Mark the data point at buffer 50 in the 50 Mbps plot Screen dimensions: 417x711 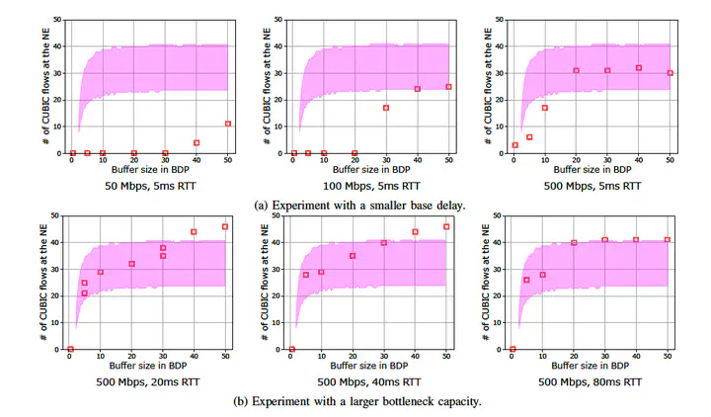click(x=228, y=124)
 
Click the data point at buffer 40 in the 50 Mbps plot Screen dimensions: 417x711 click(x=197, y=142)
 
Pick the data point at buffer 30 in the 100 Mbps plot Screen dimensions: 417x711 click(x=386, y=108)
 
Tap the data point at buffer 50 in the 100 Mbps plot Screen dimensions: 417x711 click(x=448, y=87)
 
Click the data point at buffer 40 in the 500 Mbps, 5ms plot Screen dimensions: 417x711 click(x=639, y=68)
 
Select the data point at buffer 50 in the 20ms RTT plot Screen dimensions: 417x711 click(x=225, y=226)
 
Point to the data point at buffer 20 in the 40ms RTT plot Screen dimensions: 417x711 click(x=353, y=256)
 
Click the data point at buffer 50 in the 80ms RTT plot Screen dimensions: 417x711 click(x=668, y=239)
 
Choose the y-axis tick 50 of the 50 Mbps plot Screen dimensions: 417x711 click(x=61, y=20)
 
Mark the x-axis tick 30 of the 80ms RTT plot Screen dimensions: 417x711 click(x=605, y=357)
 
